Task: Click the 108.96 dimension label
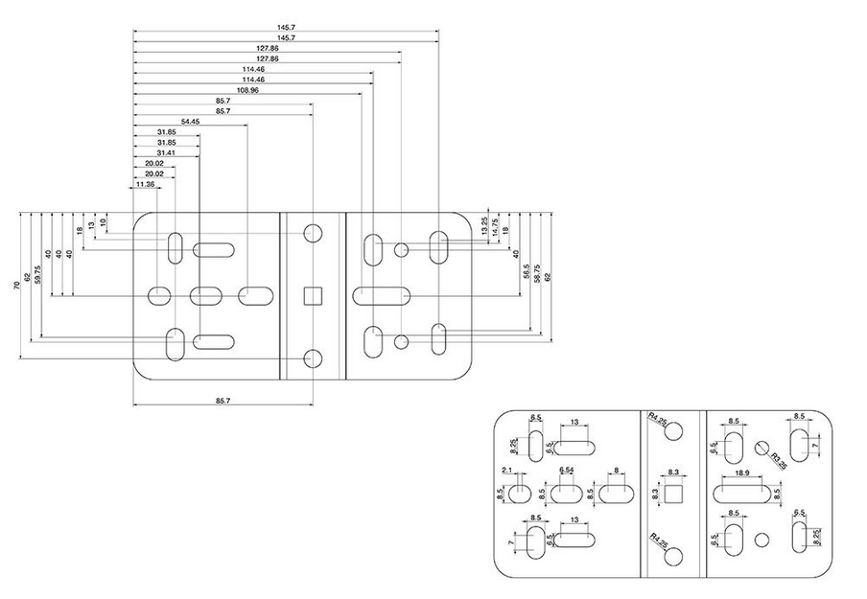[x=247, y=90]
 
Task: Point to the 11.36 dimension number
[x=145, y=184]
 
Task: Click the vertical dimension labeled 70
[x=17, y=287]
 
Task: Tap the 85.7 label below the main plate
[x=223, y=400]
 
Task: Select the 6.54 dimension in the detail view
[x=566, y=471]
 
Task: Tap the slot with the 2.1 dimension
[x=518, y=494]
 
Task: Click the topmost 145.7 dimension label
[x=285, y=27]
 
